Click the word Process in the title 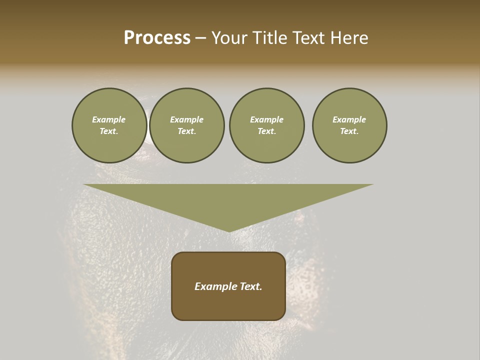[x=157, y=38]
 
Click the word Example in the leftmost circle [x=109, y=119]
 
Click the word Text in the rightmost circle [x=349, y=131]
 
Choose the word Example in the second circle [x=186, y=119]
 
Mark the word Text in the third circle [x=266, y=131]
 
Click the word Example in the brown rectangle [x=215, y=286]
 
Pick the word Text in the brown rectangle [x=250, y=286]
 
